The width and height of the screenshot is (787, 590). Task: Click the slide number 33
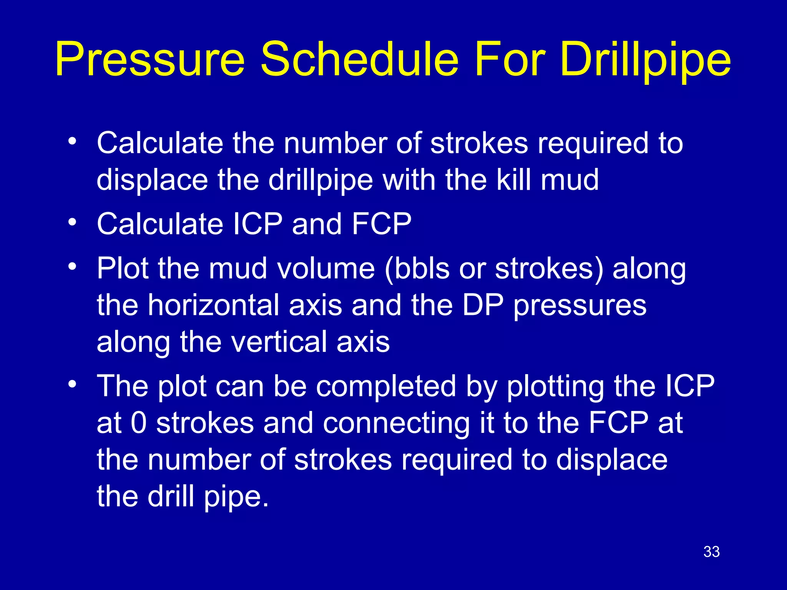point(711,552)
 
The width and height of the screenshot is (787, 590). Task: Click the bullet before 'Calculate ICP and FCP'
point(72,222)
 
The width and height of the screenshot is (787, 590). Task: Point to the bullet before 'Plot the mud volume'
point(72,266)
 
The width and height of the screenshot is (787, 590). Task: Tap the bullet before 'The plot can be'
point(72,384)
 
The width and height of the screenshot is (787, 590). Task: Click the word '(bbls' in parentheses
point(417,268)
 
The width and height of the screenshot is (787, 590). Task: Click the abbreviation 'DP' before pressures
point(483,305)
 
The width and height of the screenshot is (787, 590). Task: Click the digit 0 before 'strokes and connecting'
point(139,423)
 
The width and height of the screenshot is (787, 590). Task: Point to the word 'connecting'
point(396,423)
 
